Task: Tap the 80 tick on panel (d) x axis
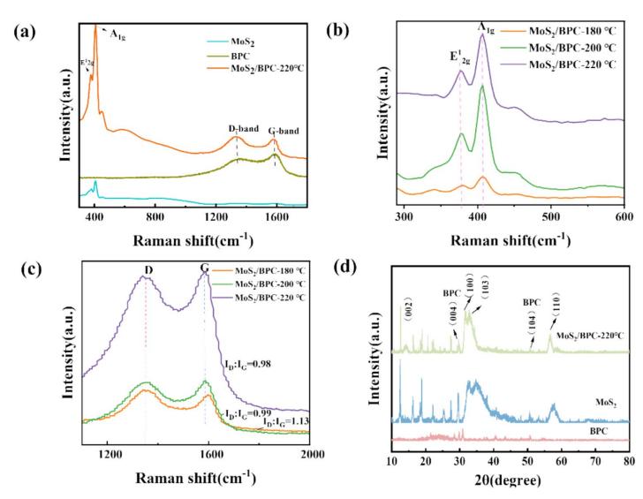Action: click(629, 461)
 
